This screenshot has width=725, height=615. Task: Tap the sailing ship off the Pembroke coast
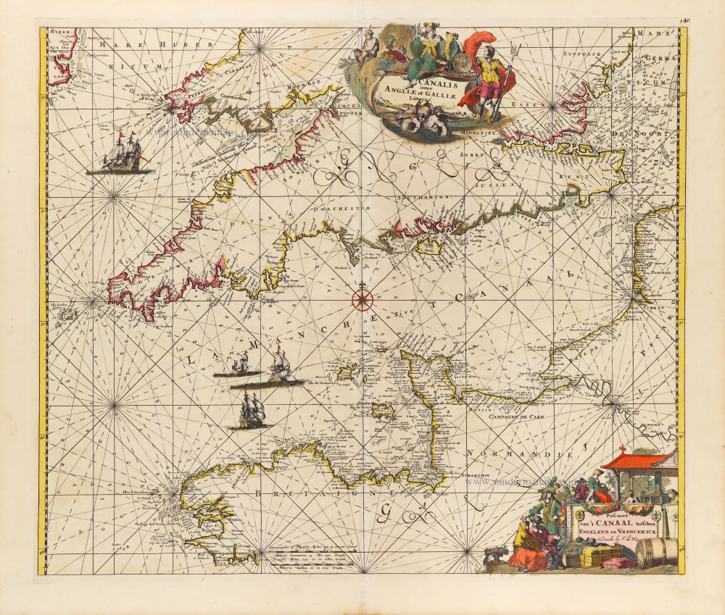(x=120, y=154)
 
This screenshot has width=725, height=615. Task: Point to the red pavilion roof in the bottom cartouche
(x=633, y=460)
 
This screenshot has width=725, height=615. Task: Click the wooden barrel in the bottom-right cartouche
(x=657, y=553)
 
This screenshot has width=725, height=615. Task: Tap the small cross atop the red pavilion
(x=622, y=448)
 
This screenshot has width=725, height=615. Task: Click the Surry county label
(x=471, y=154)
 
